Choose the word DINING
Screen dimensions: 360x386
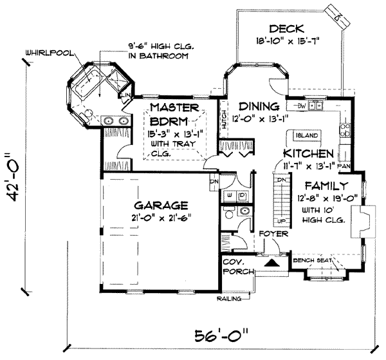[x=259, y=106]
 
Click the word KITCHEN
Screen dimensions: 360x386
[x=308, y=155]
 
